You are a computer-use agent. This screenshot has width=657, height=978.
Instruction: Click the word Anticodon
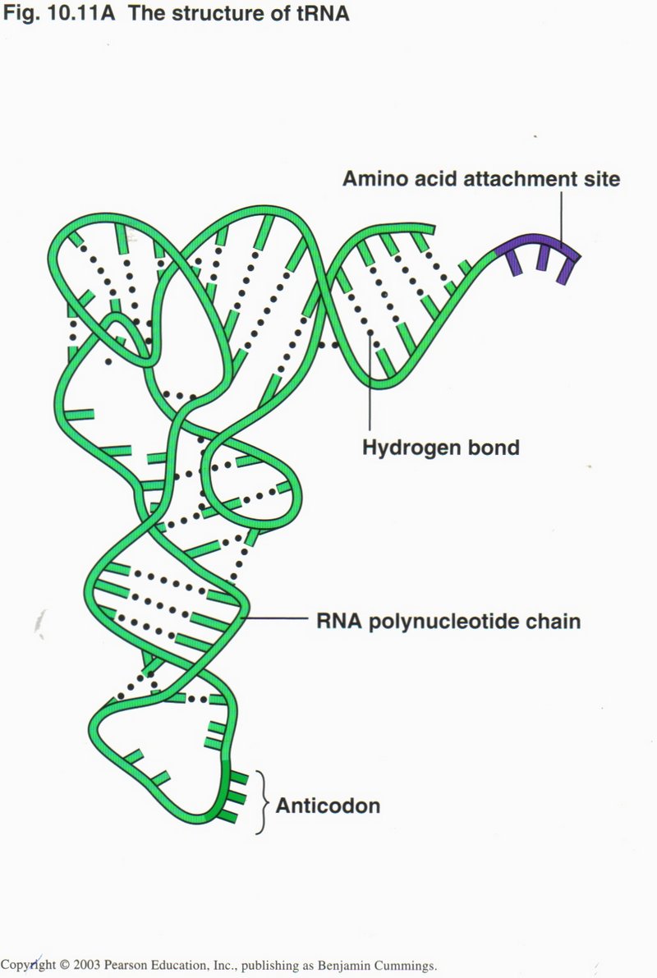coord(328,806)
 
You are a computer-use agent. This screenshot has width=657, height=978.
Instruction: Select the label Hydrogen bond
coord(441,448)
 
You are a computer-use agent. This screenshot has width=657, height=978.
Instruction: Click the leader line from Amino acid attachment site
coord(562,218)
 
